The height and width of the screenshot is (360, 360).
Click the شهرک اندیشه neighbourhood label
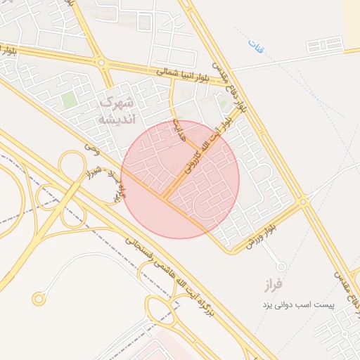click(117, 110)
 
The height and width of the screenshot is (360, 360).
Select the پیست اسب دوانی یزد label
click(296, 306)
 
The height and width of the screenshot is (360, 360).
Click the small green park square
click(69, 100)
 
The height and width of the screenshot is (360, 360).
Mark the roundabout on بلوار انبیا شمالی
click(103, 63)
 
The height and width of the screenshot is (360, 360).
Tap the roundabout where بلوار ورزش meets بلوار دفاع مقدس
click(304, 202)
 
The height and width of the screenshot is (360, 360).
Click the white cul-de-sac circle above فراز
click(281, 267)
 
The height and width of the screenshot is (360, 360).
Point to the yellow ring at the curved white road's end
click(39, 300)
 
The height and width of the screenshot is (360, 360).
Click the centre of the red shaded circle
click(180, 179)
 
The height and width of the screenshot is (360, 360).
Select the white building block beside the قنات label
click(325, 45)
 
